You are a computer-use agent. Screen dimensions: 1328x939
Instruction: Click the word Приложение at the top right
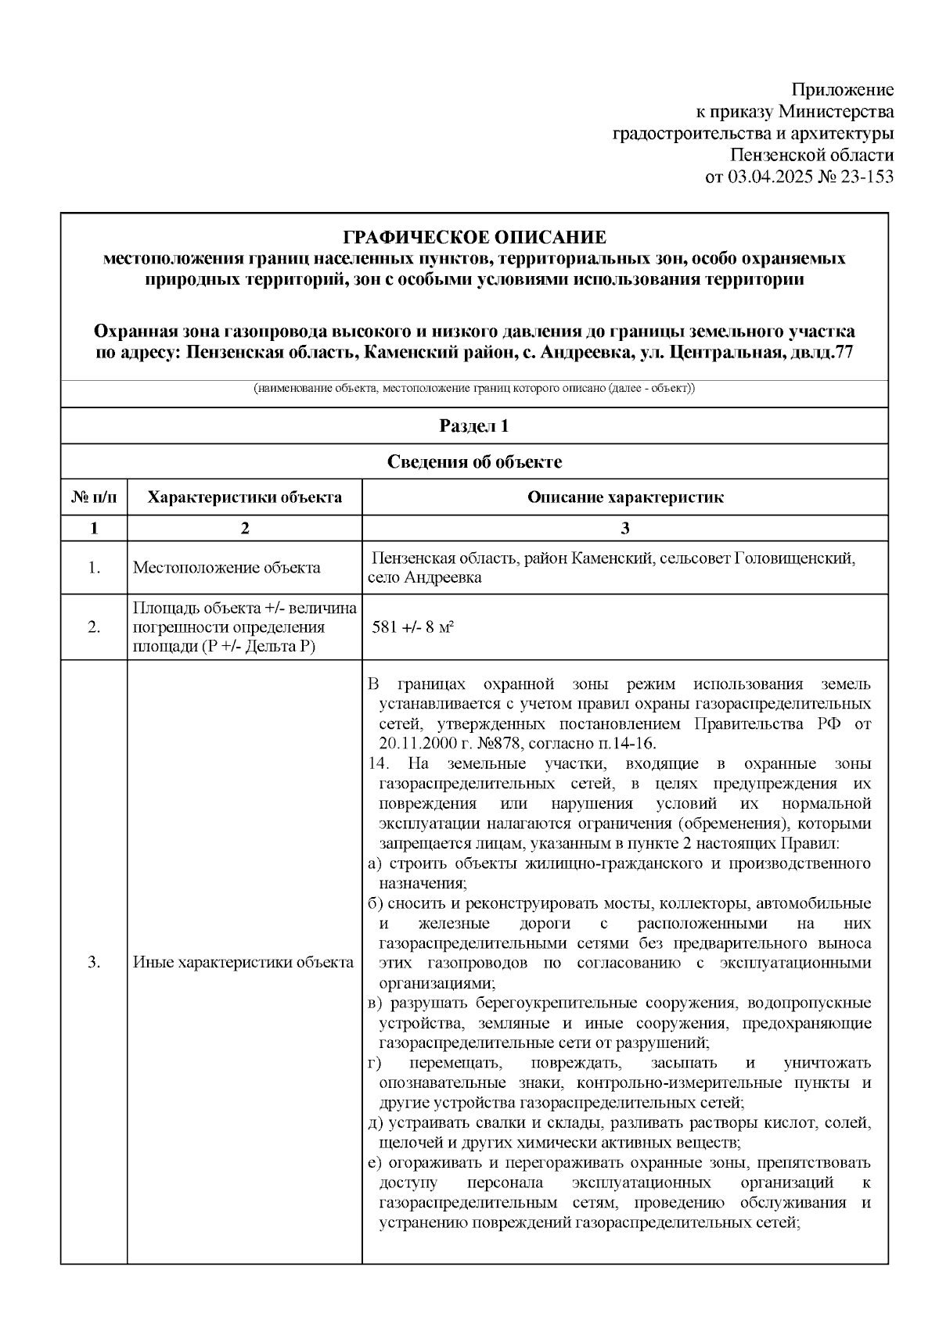(843, 89)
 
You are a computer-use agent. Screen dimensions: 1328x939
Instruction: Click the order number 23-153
(867, 177)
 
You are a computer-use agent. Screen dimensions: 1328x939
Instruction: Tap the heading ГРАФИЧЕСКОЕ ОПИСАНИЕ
(475, 237)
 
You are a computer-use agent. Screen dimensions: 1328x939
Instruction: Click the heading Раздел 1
(474, 426)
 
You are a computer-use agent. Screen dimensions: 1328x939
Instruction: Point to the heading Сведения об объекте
(474, 462)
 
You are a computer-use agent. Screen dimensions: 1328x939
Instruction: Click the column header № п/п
(94, 497)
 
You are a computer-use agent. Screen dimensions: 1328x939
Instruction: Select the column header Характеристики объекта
(245, 497)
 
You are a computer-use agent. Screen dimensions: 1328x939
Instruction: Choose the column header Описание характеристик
(624, 497)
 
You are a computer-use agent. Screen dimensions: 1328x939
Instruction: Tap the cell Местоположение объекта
(226, 568)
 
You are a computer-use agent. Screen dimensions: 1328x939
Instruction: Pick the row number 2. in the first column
(94, 628)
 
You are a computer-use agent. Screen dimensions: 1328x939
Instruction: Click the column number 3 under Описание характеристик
(624, 529)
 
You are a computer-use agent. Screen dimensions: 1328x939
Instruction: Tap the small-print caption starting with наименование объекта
(474, 389)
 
